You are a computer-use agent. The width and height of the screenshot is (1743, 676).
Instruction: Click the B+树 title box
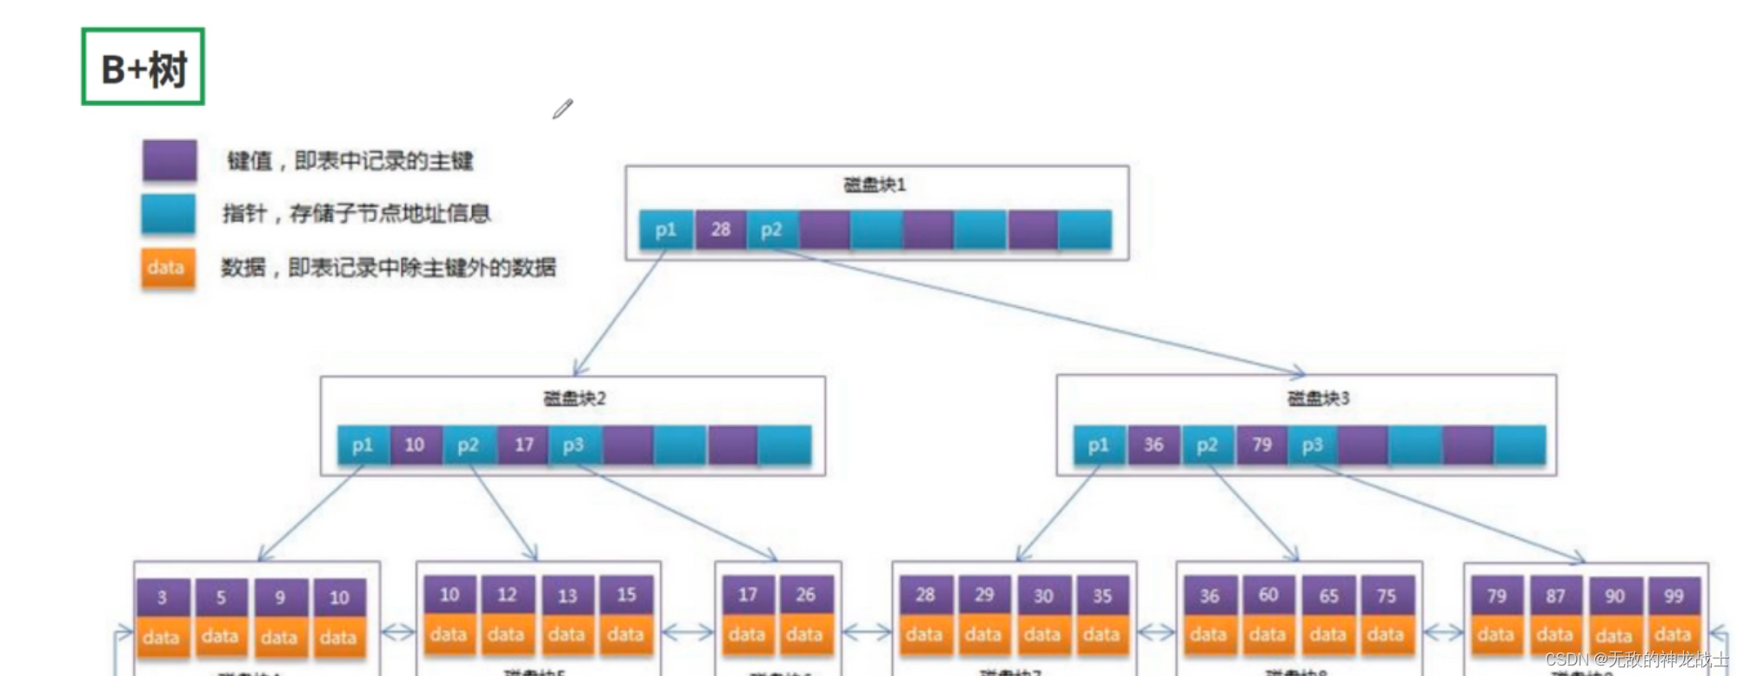click(x=143, y=67)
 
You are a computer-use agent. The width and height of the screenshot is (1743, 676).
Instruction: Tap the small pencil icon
click(x=562, y=109)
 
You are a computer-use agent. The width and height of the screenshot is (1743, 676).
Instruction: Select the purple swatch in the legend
click(x=170, y=161)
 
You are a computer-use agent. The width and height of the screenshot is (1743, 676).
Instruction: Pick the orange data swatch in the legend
click(x=168, y=267)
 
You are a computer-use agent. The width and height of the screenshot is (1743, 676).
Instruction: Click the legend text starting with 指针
click(x=356, y=213)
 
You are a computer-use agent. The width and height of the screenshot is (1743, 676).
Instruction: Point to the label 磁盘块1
click(x=875, y=184)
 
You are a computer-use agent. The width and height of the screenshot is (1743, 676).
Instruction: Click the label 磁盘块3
click(x=1318, y=398)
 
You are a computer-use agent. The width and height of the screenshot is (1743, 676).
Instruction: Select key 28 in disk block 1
click(x=721, y=230)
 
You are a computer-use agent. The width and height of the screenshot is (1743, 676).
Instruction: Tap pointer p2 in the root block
click(x=772, y=230)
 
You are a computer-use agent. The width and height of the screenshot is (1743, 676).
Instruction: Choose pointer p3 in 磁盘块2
click(x=574, y=445)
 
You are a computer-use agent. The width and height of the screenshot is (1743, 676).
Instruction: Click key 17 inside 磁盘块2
click(x=523, y=445)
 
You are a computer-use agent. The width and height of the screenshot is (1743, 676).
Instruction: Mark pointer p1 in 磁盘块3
click(x=1099, y=445)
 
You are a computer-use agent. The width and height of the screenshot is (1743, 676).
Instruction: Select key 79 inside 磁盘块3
click(x=1261, y=445)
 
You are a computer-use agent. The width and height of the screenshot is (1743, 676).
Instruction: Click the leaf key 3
click(x=162, y=598)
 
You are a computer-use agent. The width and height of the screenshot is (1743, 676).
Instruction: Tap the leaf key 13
click(x=567, y=596)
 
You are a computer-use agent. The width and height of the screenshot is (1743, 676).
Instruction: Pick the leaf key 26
click(x=806, y=595)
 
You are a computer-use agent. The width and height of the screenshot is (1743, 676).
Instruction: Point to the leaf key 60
click(x=1268, y=595)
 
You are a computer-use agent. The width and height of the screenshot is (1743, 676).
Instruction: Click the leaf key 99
click(x=1673, y=596)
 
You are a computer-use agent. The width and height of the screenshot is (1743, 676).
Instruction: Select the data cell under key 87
click(x=1554, y=635)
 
